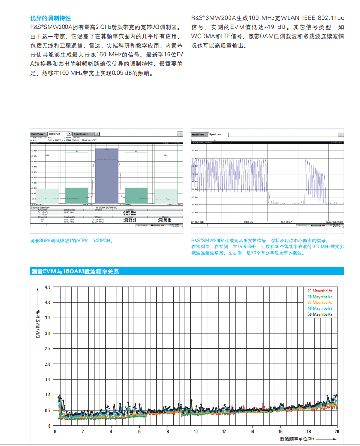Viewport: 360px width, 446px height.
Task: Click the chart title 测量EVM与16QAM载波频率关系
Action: (75, 272)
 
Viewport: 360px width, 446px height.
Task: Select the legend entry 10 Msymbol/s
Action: (320, 291)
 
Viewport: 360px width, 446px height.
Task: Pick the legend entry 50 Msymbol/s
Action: (320, 314)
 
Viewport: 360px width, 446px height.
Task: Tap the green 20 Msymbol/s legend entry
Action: (320, 297)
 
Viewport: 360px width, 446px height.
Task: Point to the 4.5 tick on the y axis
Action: (48, 287)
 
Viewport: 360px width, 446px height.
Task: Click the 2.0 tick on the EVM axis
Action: (48, 364)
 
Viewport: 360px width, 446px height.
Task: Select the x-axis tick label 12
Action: (224, 432)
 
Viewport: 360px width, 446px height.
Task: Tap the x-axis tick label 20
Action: (337, 432)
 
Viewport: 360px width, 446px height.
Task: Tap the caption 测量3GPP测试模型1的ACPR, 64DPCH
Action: (71, 240)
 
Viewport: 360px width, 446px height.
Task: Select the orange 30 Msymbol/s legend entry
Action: (320, 303)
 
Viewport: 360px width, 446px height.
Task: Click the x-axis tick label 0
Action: (55, 432)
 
